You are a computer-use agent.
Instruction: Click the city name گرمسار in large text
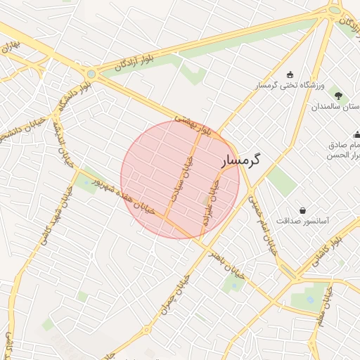[x=241, y=160]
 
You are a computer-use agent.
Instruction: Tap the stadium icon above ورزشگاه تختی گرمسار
[x=290, y=75]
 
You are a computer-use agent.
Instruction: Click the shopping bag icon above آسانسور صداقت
[x=302, y=210]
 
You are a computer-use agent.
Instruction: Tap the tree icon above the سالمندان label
[x=339, y=95]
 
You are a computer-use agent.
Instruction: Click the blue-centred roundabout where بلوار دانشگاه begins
[x=91, y=72]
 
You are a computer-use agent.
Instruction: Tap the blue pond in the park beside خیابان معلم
[x=310, y=299]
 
